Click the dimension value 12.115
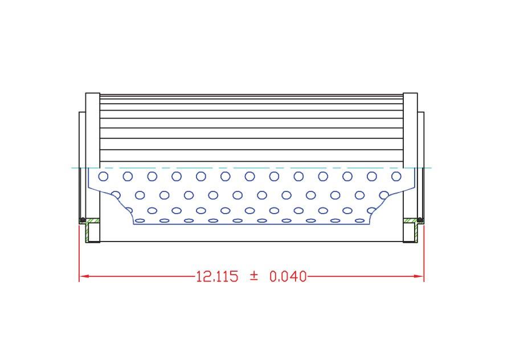tap(217, 277)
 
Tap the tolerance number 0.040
tap(288, 277)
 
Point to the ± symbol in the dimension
tap(254, 276)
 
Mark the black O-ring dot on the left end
tap(83, 220)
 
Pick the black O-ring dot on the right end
tap(420, 220)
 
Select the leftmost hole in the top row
tap(104, 177)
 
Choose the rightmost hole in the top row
tap(396, 177)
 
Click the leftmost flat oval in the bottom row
tap(140, 220)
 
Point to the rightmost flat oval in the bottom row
tap(360, 220)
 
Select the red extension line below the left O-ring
tap(79, 251)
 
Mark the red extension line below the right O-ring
tap(424, 251)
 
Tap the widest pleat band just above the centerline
tap(251, 156)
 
